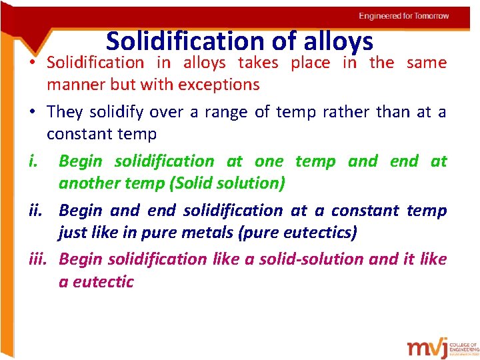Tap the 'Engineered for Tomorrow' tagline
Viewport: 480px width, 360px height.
[403, 15]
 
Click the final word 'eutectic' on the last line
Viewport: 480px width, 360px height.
[103, 281]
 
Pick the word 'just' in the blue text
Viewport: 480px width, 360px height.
[72, 233]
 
